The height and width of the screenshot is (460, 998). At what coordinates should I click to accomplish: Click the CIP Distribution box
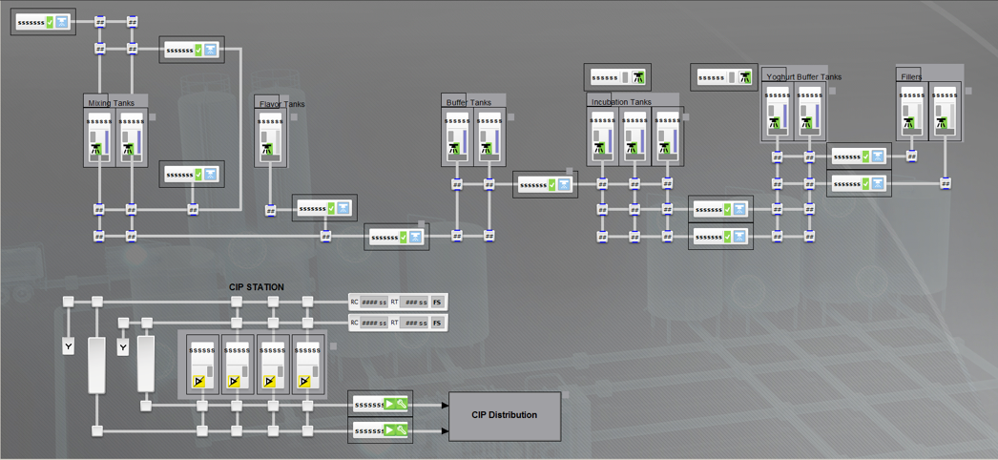click(505, 415)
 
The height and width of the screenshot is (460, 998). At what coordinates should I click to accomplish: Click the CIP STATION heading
click(256, 287)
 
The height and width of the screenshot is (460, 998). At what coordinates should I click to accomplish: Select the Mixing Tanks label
click(112, 103)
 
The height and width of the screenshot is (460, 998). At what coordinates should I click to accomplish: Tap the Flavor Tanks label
click(281, 104)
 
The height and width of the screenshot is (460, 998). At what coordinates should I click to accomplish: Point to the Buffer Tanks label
click(468, 102)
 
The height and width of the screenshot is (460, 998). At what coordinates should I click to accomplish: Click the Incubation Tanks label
click(621, 102)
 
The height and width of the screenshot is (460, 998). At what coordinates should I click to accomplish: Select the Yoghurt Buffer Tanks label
click(803, 77)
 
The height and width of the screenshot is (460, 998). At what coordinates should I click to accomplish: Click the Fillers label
click(911, 76)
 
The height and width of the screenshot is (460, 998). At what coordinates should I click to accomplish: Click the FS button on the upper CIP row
click(437, 303)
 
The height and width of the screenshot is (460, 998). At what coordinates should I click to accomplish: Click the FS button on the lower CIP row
click(437, 324)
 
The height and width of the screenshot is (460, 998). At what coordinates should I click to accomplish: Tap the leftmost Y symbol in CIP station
click(69, 347)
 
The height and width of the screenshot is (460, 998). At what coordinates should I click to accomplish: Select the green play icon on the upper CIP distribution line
click(389, 405)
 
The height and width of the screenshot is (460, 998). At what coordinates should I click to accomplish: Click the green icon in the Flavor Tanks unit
click(267, 148)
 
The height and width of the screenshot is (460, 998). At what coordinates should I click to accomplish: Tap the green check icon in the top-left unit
click(51, 22)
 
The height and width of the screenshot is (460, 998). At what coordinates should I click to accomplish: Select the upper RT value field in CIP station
click(415, 303)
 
